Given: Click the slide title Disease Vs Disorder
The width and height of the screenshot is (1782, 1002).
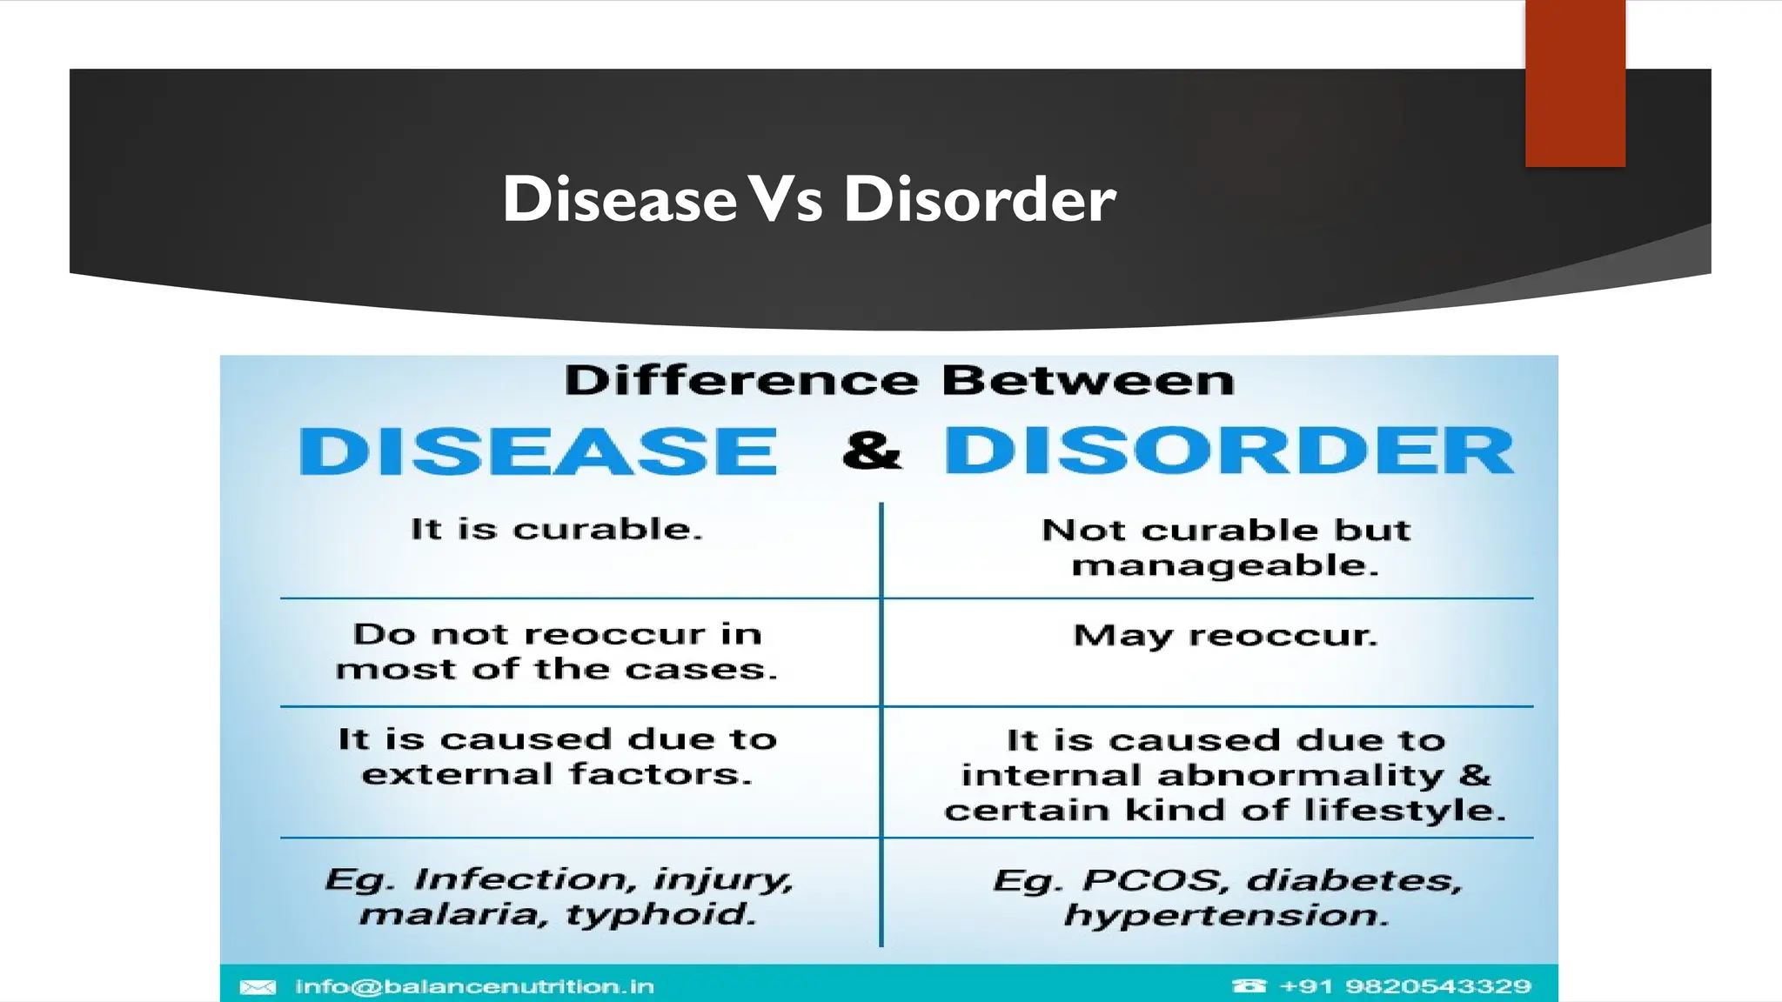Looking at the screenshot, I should click(808, 199).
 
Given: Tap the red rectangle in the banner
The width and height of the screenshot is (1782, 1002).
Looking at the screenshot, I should click(1574, 83).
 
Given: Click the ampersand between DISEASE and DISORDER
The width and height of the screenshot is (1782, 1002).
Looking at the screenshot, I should click(872, 451).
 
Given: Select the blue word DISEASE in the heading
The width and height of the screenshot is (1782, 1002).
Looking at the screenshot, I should click(538, 451).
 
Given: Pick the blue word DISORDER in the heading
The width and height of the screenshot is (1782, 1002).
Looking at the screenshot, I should click(1229, 451).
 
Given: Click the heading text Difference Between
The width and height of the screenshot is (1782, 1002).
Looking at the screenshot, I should click(899, 381).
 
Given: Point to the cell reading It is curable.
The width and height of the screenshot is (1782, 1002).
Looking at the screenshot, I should click(557, 529).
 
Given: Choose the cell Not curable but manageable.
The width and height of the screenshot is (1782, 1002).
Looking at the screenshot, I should click(1225, 548).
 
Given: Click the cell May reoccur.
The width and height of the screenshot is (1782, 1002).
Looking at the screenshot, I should click(1225, 635).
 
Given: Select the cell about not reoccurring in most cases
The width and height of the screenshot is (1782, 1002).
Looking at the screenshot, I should click(557, 651).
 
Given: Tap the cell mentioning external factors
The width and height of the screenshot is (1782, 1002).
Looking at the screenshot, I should click(557, 757).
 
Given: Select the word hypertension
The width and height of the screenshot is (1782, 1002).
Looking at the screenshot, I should click(1225, 915).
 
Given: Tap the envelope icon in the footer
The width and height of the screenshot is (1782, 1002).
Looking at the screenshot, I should click(258, 986).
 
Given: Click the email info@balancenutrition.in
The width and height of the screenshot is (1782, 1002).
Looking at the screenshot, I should click(474, 986).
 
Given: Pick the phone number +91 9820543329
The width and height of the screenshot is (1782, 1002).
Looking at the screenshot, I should click(1404, 986).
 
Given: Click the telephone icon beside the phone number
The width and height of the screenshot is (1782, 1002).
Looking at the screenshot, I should click(1249, 986).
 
